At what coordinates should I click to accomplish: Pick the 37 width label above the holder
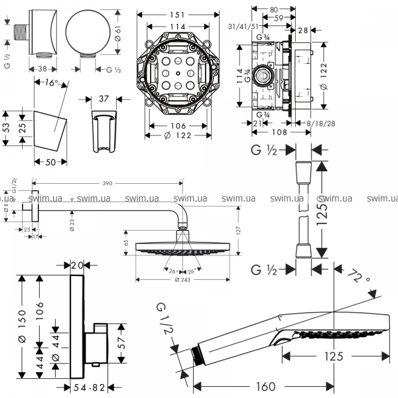[103, 99]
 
